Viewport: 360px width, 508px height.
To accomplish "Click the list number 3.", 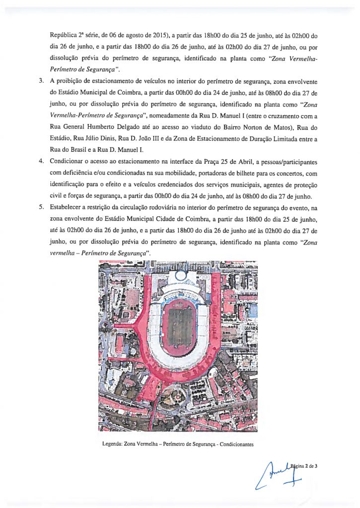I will click(42, 80).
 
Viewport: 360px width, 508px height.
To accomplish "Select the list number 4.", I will click(42, 162).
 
